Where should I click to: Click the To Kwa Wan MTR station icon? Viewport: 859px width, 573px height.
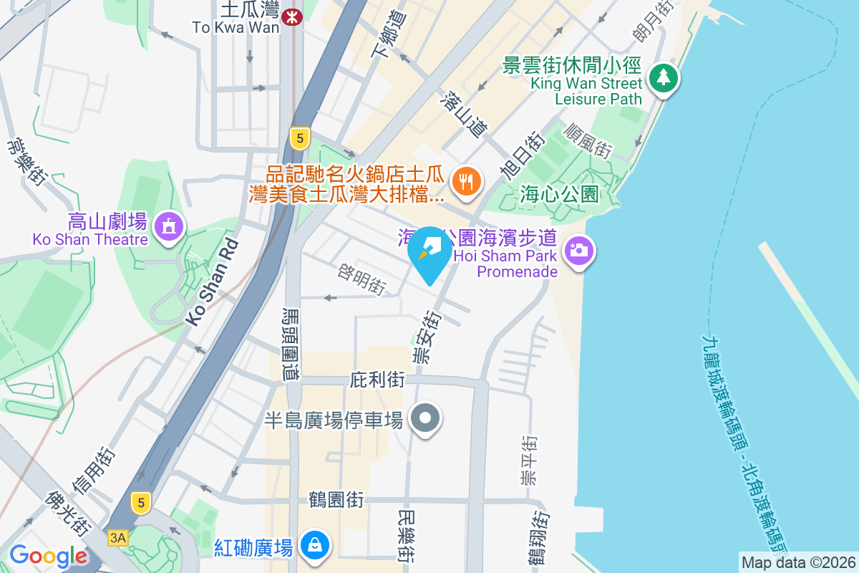[x=291, y=16]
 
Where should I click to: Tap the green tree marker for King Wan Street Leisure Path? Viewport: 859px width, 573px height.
[x=663, y=78]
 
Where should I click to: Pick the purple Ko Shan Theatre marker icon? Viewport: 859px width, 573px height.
[x=170, y=227]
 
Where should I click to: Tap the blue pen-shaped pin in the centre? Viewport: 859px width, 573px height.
[x=429, y=252]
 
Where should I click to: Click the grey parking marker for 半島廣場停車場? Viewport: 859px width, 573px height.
[x=426, y=418]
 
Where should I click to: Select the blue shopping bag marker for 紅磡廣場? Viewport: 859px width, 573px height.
[x=314, y=546]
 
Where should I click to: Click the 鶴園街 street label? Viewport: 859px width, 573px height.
[x=336, y=499]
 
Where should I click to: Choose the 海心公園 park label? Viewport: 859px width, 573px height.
[x=560, y=193]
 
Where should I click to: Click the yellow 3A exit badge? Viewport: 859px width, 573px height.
[x=118, y=537]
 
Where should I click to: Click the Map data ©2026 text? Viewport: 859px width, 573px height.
[x=797, y=562]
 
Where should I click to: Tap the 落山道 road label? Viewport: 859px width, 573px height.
[x=465, y=114]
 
